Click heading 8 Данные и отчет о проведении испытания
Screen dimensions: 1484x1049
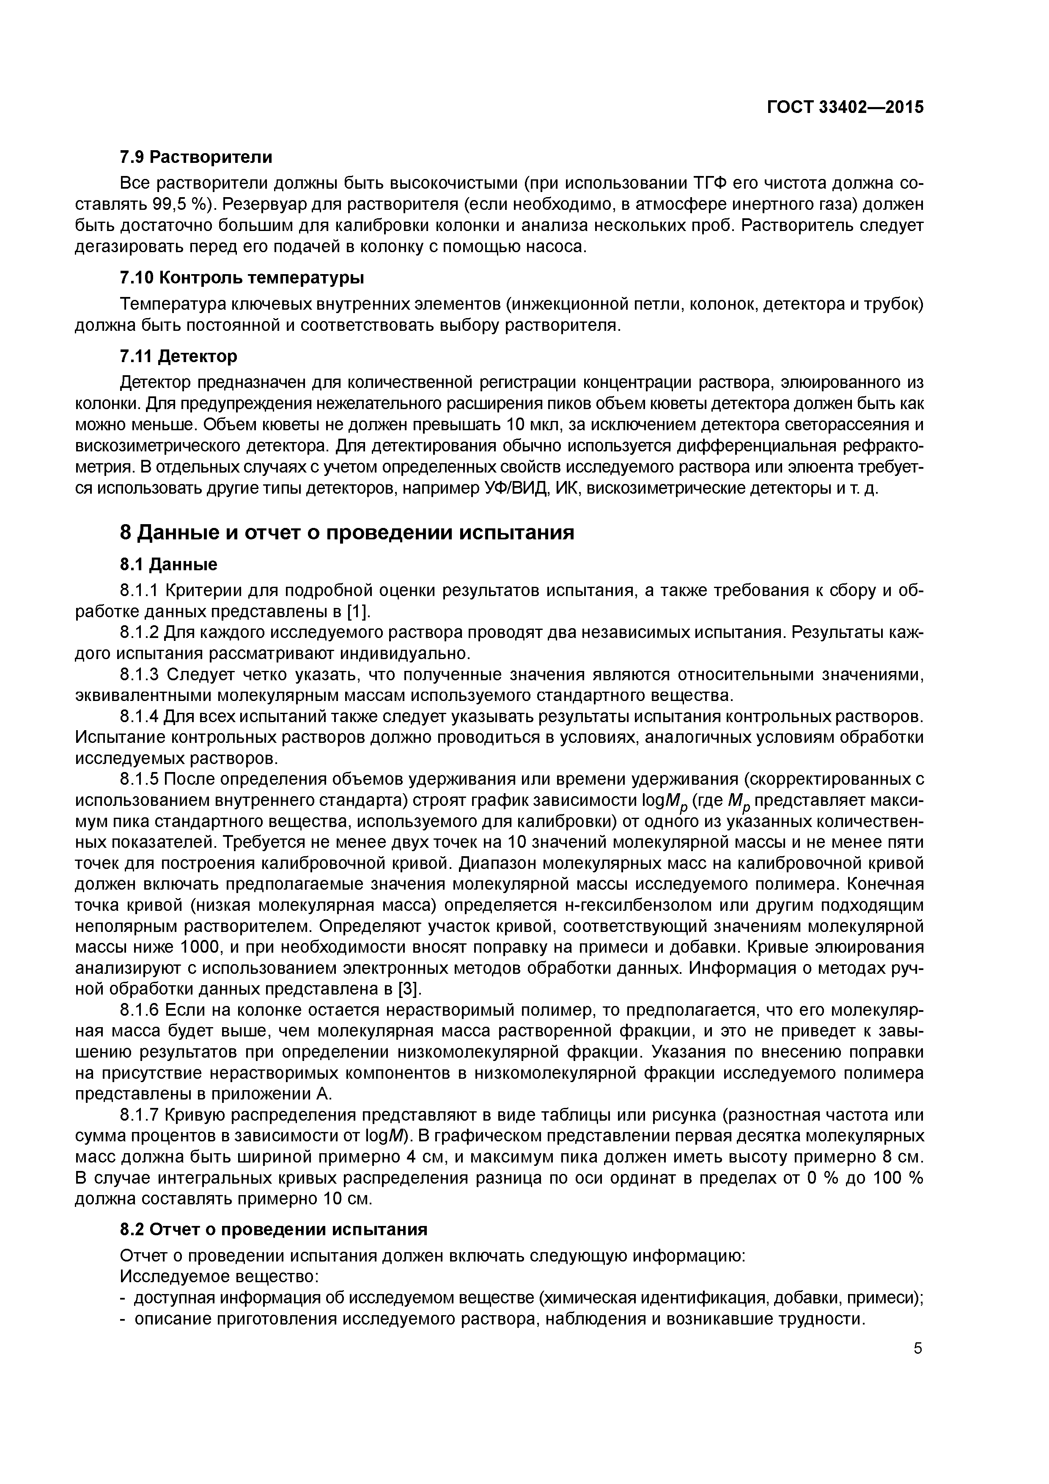pyautogui.click(x=347, y=533)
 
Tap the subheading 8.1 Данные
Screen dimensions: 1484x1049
pyautogui.click(x=169, y=564)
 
